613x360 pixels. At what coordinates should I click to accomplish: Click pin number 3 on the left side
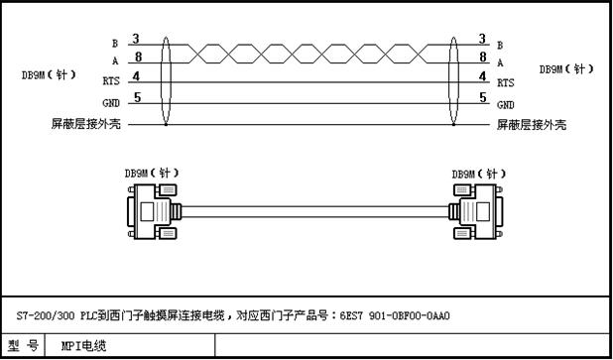tap(137, 39)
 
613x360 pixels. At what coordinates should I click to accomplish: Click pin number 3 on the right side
tap(482, 39)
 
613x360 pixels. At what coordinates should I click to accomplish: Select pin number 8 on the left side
tap(137, 57)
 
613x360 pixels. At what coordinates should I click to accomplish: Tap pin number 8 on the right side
tap(482, 57)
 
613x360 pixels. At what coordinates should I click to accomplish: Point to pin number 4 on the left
tap(137, 76)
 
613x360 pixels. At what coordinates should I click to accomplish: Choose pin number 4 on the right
tap(482, 76)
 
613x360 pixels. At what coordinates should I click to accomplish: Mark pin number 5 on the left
tap(137, 96)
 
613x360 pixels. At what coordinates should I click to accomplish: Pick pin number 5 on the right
tap(482, 96)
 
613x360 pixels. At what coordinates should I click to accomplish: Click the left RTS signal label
tap(111, 83)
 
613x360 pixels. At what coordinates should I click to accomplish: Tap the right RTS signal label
tap(505, 83)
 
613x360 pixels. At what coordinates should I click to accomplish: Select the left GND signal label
tap(111, 104)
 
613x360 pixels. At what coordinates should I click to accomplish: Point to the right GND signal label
tap(505, 104)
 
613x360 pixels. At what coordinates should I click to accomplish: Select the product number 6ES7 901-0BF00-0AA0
tap(401, 316)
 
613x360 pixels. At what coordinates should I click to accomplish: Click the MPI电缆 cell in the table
tap(83, 346)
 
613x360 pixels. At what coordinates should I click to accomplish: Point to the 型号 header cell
tap(27, 346)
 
